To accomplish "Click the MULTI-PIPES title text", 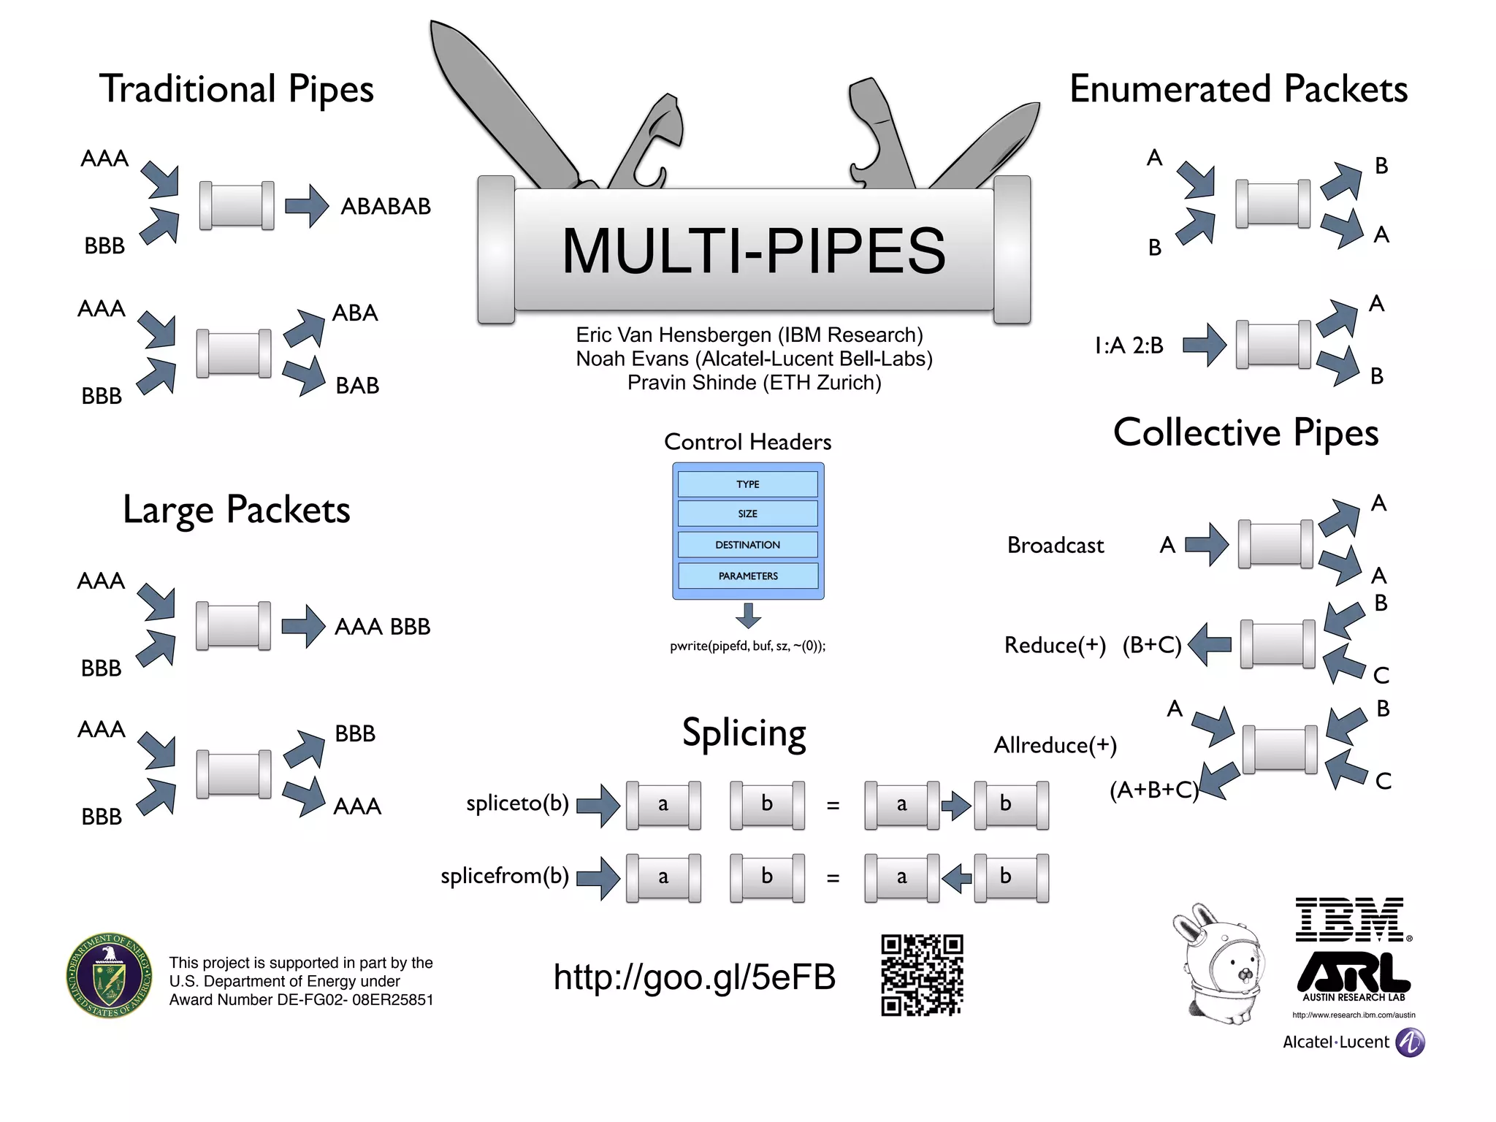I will [x=753, y=251].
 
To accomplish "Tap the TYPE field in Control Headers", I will [x=747, y=484].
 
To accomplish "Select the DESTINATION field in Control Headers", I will [x=747, y=545].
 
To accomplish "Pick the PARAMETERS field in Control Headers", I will [x=747, y=576].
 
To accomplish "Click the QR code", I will [x=922, y=975].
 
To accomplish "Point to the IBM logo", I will [x=1351, y=920].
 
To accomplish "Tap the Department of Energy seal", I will [x=110, y=975].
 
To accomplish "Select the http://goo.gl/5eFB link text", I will [x=694, y=977].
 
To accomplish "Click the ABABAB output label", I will [x=386, y=207].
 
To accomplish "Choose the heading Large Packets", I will [x=236, y=510].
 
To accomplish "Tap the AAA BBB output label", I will [x=382, y=627].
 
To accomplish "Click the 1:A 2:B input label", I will [x=1129, y=345].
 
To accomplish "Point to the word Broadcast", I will [x=1055, y=546].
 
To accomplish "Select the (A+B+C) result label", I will [x=1153, y=790].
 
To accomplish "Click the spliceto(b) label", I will [x=517, y=804].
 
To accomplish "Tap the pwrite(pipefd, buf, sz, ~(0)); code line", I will [x=747, y=646].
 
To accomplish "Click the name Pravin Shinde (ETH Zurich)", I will [x=754, y=383].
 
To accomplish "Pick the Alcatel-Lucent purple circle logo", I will [x=1410, y=1042].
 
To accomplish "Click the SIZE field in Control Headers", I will [x=747, y=514].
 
